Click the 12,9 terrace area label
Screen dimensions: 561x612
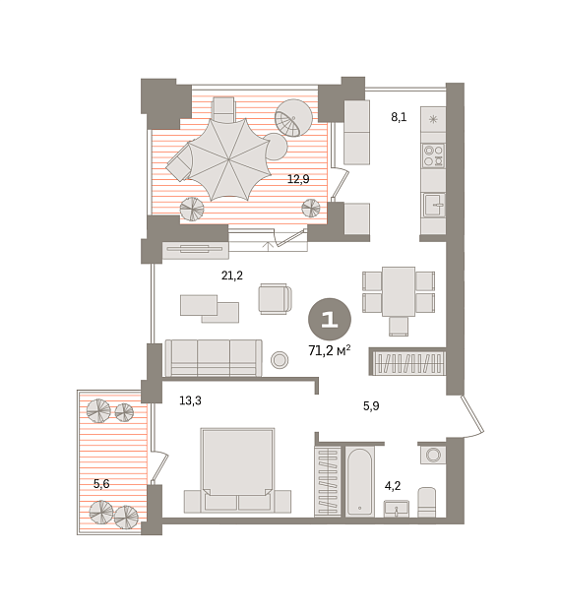(298, 179)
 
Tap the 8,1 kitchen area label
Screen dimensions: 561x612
(399, 117)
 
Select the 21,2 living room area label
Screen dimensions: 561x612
(232, 275)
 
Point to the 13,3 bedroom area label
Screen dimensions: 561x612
(190, 400)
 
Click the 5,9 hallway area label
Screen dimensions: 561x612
(371, 406)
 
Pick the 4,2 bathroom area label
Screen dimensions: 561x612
(393, 486)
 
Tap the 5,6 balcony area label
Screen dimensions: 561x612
(101, 484)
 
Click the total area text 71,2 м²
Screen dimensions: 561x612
(329, 350)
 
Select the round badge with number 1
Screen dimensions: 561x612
(330, 320)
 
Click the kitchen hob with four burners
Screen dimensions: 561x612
(433, 155)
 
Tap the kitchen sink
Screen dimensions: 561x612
(434, 205)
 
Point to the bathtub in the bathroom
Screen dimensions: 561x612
(359, 481)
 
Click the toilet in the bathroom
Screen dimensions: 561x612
(427, 503)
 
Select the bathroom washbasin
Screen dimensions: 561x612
(397, 509)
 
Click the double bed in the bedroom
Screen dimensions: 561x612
(237, 470)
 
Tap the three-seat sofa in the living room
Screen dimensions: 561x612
(214, 358)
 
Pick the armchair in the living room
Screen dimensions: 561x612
(276, 298)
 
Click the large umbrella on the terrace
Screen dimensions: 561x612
(228, 159)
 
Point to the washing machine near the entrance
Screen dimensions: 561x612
(433, 455)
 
